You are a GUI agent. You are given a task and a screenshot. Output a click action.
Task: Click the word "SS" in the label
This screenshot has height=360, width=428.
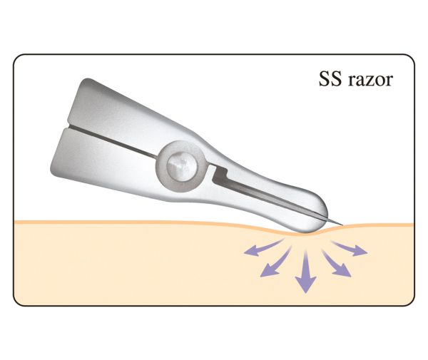pyautogui.click(x=330, y=79)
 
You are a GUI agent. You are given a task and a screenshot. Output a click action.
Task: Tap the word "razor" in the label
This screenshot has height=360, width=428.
pyautogui.click(x=370, y=80)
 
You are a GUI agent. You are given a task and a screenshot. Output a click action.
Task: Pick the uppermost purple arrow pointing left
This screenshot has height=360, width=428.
pyautogui.click(x=263, y=247)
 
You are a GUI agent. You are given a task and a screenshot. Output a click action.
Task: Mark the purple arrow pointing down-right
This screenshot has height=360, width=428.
pyautogui.click(x=336, y=264)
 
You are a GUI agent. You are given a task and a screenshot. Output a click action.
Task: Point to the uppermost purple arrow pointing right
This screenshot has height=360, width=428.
pyautogui.click(x=350, y=248)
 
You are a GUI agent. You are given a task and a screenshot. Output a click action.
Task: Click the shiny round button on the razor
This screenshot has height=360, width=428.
pyautogui.click(x=182, y=166)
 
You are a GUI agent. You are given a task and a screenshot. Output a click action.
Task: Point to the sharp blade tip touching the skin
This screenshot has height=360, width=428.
pyautogui.click(x=342, y=225)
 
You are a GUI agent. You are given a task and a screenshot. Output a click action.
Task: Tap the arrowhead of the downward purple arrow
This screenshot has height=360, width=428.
pyautogui.click(x=306, y=284)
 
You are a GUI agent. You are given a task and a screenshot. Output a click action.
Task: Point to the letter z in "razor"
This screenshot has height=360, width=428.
pyautogui.click(x=368, y=81)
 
